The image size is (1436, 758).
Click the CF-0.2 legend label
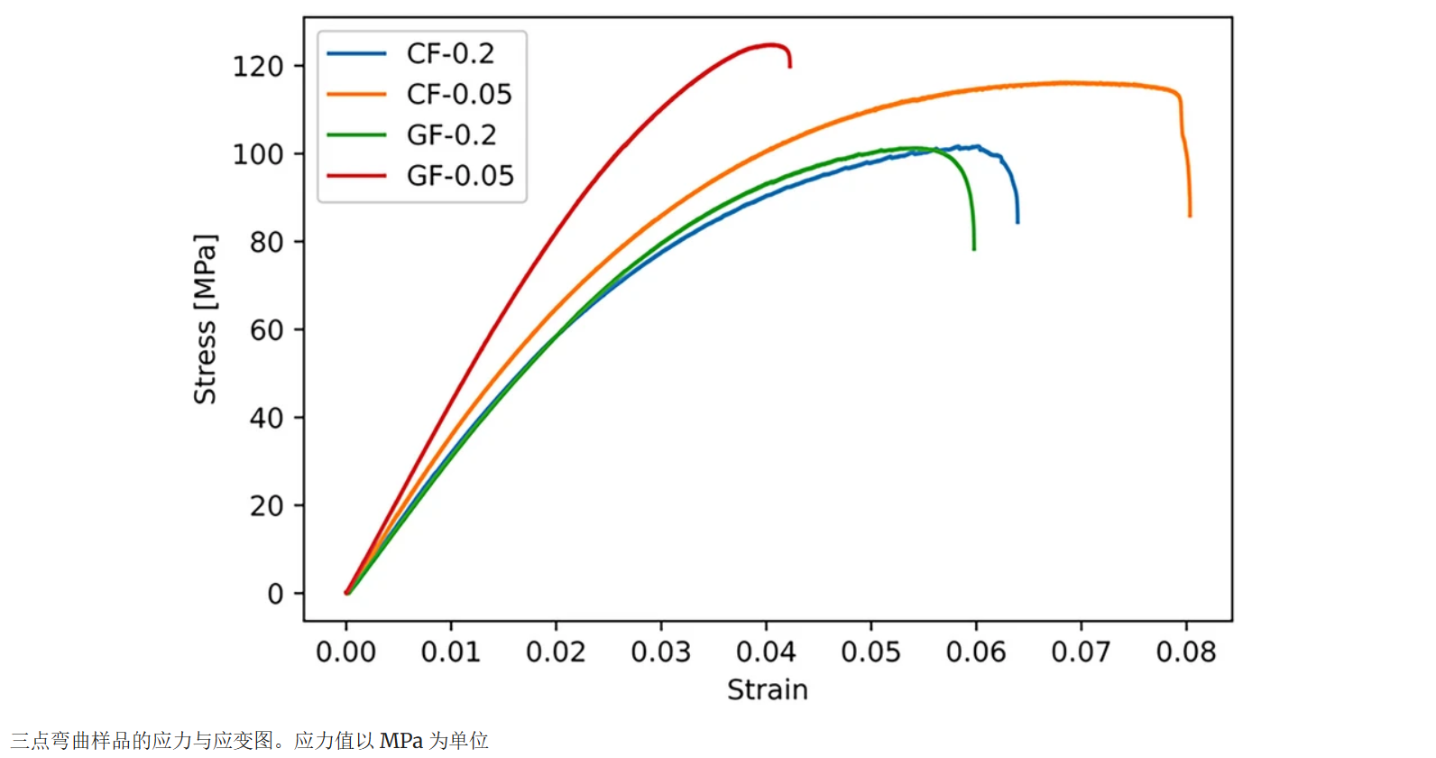tap(450, 54)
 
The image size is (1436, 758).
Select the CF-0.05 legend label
tap(459, 94)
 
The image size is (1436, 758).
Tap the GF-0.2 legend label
tap(451, 135)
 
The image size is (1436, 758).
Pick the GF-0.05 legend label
tap(460, 175)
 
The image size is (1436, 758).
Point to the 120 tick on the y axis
tap(258, 67)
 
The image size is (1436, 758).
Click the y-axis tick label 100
tap(258, 154)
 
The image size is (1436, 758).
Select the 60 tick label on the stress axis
tap(266, 330)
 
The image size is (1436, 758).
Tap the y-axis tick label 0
tap(275, 594)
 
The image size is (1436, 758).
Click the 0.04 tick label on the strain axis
tap(766, 652)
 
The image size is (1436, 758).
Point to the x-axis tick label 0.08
tap(1186, 652)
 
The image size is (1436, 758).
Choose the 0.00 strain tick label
tap(345, 652)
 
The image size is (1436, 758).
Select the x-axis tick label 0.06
tap(976, 652)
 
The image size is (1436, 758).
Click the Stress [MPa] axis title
tap(206, 319)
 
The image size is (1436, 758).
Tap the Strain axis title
tap(768, 689)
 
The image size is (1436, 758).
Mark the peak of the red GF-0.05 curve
tap(771, 44)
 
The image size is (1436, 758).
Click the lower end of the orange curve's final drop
tap(1190, 216)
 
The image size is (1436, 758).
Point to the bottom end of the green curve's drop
tap(974, 248)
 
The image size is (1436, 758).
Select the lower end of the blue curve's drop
tap(1017, 222)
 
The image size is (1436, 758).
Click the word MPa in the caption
tap(400, 741)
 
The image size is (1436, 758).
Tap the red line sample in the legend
tap(356, 175)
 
